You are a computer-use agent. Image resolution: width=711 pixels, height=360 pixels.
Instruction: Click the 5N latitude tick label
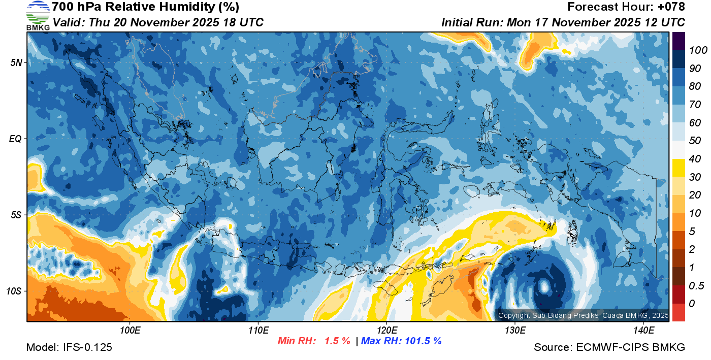(16, 62)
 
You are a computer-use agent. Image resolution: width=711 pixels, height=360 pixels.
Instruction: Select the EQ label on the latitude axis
(15, 139)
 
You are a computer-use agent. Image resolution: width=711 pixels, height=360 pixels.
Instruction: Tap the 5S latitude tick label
(16, 215)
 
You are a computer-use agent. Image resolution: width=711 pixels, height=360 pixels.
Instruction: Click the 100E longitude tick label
(130, 331)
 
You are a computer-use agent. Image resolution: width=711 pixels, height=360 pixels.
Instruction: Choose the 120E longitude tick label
(386, 331)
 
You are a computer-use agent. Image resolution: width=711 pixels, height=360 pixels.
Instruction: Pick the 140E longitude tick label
(643, 331)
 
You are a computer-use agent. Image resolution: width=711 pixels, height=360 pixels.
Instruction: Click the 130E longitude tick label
(515, 331)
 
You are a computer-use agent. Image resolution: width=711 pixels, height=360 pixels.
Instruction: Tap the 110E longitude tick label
(258, 331)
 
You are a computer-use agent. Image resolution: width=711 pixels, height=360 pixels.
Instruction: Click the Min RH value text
(313, 341)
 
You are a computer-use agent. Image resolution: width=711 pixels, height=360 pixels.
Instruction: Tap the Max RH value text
(401, 341)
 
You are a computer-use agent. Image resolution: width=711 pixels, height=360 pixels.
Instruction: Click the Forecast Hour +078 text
(626, 7)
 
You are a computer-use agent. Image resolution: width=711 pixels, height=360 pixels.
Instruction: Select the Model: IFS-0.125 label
(69, 347)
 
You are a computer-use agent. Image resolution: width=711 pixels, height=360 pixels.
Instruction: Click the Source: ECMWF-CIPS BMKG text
(609, 347)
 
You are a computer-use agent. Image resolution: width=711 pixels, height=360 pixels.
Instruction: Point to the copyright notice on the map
(583, 316)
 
